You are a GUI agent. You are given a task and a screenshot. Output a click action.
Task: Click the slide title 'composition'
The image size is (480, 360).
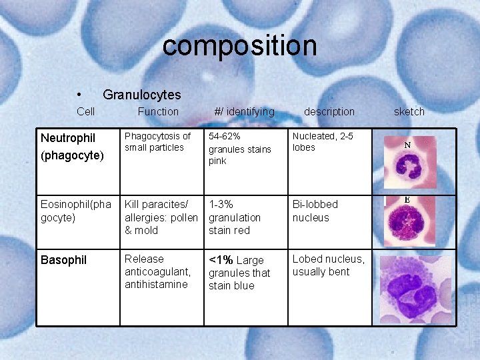click(x=239, y=46)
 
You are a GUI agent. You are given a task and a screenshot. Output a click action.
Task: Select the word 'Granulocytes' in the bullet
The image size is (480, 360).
click(x=141, y=95)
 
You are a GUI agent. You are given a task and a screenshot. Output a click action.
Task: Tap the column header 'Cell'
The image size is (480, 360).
click(x=85, y=111)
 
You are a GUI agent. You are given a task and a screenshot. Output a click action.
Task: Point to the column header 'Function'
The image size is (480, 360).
click(x=158, y=111)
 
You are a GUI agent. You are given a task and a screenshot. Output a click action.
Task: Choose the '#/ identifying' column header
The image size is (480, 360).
click(x=244, y=111)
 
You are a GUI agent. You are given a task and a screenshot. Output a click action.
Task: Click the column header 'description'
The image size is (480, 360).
click(x=329, y=111)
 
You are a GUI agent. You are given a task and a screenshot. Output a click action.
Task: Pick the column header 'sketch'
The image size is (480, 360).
click(x=409, y=111)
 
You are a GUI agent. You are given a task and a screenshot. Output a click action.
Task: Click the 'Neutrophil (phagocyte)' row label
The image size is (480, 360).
click(x=72, y=147)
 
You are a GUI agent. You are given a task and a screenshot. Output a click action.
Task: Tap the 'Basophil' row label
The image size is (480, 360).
click(x=63, y=260)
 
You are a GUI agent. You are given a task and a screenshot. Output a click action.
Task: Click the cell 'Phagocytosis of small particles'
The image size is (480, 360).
click(x=157, y=141)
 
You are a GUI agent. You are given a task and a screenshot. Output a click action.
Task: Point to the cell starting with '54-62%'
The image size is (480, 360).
click(x=239, y=148)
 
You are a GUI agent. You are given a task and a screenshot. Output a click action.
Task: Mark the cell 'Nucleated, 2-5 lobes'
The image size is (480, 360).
click(x=323, y=141)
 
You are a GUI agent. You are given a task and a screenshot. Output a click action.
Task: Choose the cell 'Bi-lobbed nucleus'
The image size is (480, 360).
click(x=315, y=211)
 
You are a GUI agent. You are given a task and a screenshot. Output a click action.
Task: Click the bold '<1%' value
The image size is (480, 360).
click(x=221, y=260)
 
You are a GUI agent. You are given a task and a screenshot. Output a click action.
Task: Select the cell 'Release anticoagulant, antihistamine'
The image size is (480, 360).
click(x=158, y=271)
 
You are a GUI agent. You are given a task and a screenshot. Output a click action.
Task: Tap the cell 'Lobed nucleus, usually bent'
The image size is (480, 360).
click(x=328, y=265)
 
